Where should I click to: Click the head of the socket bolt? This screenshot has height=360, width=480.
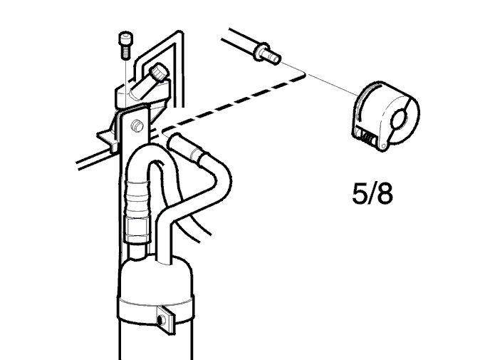[x=125, y=38]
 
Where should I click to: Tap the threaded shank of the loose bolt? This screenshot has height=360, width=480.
[x=125, y=51]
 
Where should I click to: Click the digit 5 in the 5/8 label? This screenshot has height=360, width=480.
[x=360, y=194]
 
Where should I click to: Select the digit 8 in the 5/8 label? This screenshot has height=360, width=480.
[x=385, y=194]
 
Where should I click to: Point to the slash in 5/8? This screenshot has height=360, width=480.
[x=372, y=194]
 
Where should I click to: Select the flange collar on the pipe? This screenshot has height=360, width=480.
[x=259, y=51]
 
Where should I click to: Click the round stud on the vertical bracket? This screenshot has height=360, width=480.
[x=137, y=125]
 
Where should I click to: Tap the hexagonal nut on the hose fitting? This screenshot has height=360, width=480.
[x=137, y=228]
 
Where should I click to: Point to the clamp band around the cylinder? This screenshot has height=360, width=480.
[x=155, y=310]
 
